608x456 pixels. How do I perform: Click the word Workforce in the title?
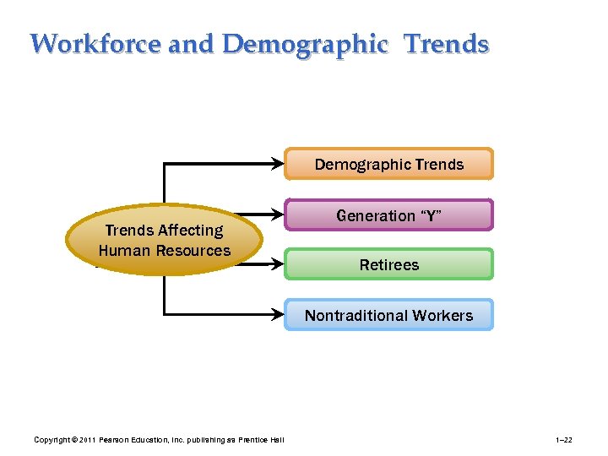(95, 43)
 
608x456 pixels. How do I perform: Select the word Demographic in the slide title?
(305, 43)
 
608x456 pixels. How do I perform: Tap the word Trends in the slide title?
(447, 43)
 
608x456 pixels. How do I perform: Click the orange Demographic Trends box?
(388, 164)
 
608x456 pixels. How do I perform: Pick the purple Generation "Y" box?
(388, 215)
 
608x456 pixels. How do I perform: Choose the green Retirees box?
(388, 264)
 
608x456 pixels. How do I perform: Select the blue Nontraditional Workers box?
(388, 315)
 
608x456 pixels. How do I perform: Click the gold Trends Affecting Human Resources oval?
(164, 240)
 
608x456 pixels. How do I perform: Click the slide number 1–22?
(566, 440)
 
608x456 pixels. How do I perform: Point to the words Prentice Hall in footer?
(262, 440)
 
